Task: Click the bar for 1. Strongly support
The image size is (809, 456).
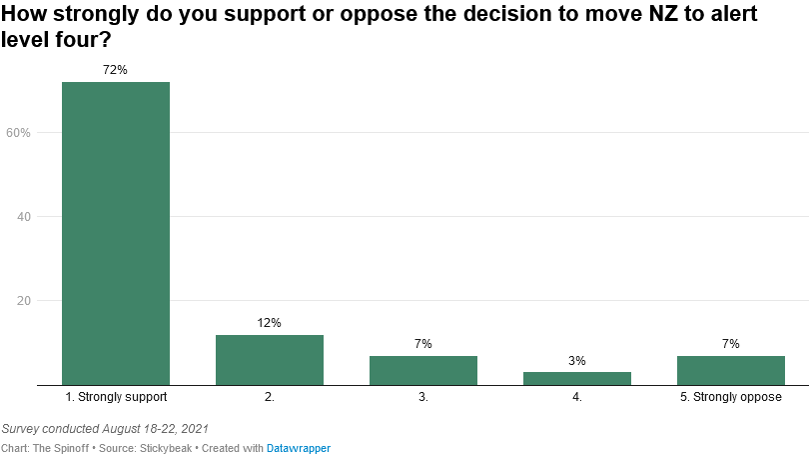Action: pyautogui.click(x=116, y=233)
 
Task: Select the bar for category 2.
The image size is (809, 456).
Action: pyautogui.click(x=270, y=359)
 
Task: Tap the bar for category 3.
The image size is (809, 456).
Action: pyautogui.click(x=423, y=370)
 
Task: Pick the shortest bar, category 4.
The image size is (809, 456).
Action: pyautogui.click(x=577, y=378)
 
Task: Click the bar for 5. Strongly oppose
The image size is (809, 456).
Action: pyautogui.click(x=731, y=370)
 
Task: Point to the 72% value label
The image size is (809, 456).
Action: pyautogui.click(x=116, y=70)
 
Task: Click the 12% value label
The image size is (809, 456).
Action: pyautogui.click(x=270, y=323)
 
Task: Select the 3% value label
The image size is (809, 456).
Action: pyautogui.click(x=577, y=361)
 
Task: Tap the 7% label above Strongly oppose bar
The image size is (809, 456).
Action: pyautogui.click(x=731, y=344)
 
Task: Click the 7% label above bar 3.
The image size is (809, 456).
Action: pyautogui.click(x=423, y=344)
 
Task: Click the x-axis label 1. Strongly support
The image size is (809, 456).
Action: pyautogui.click(x=116, y=397)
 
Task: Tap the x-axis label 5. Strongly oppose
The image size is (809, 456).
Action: pyautogui.click(x=731, y=397)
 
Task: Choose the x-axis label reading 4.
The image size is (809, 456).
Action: pyautogui.click(x=577, y=397)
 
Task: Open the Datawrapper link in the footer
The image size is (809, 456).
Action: pyautogui.click(x=298, y=448)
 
